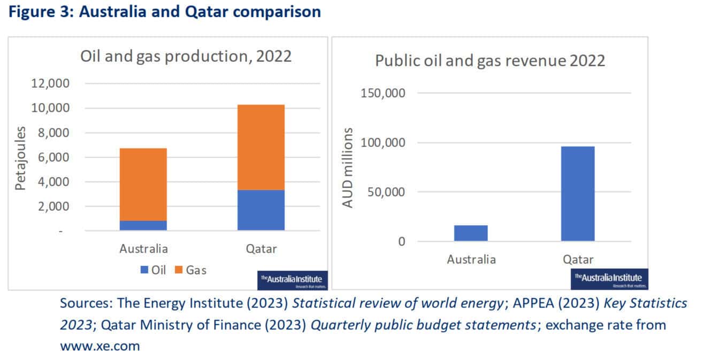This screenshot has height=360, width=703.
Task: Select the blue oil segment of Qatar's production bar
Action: [261, 210]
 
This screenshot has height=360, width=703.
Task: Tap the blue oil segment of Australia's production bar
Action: [143, 225]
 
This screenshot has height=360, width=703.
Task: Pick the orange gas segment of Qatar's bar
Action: [261, 147]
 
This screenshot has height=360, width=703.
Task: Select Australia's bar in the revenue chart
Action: [471, 233]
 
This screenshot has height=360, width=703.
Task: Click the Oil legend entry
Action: [153, 270]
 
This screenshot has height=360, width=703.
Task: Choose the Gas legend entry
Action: [191, 270]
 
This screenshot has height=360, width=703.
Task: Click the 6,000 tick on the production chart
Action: [54, 157]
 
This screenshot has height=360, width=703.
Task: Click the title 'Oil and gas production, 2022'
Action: [186, 56]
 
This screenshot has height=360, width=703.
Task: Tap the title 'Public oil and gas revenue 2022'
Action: [490, 60]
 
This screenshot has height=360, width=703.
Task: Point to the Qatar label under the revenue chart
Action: [578, 260]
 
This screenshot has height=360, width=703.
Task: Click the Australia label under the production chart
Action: [143, 249]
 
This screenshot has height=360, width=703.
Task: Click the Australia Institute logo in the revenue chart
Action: [609, 278]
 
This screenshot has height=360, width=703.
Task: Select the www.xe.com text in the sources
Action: [100, 346]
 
